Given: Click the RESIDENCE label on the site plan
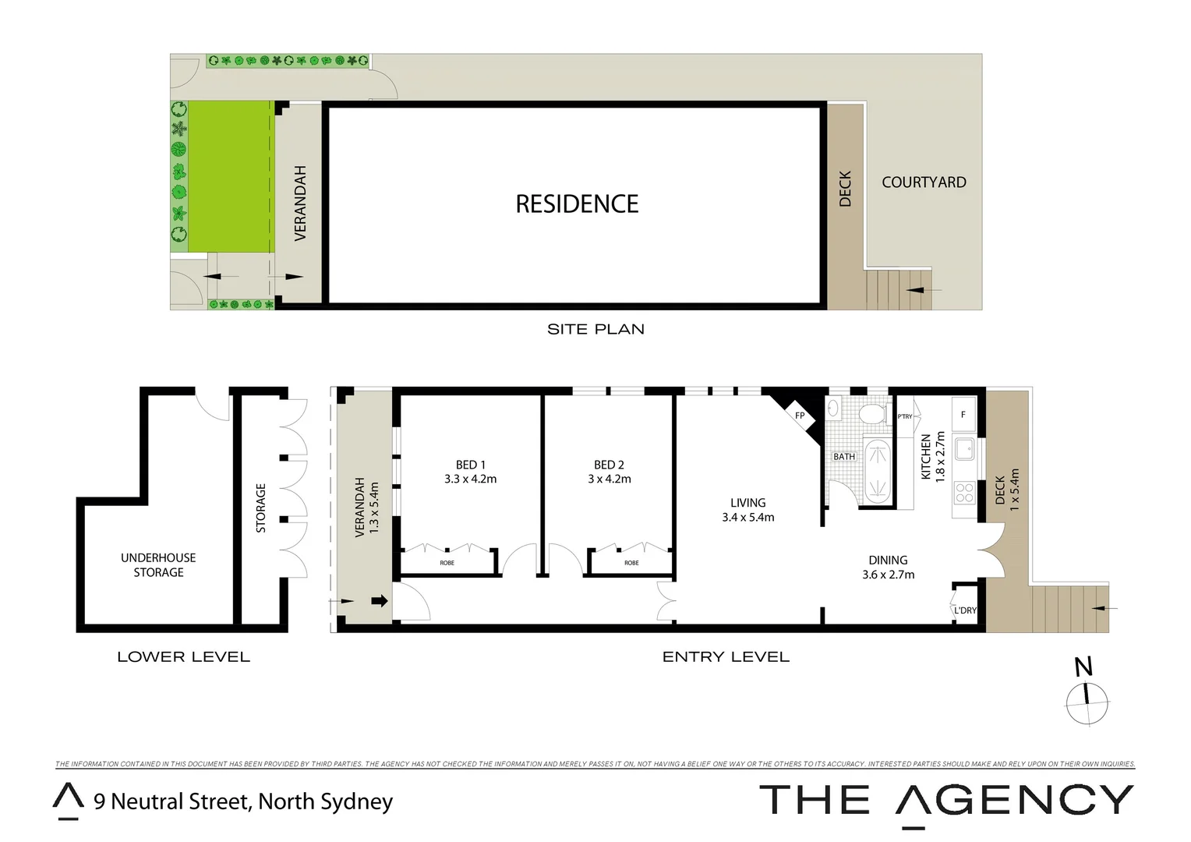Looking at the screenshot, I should point(577,204).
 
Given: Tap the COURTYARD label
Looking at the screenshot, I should point(924,182).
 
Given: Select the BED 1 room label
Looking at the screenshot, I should point(470,465).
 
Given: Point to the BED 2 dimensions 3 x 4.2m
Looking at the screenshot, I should point(610,479).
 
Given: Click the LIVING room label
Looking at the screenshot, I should point(747,503).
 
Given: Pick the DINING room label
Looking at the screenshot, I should point(888,560).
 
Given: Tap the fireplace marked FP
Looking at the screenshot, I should point(799,416).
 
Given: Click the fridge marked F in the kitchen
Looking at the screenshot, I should point(963,415).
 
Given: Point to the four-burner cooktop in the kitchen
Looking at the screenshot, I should point(964,492).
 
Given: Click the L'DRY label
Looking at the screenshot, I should point(965,610).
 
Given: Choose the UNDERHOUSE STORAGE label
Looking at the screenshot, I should point(158,565).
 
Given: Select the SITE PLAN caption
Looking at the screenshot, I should point(595,329).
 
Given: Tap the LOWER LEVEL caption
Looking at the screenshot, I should point(183,657).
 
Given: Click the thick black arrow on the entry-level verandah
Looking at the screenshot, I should point(380,601).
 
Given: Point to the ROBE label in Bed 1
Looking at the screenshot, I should point(447,563).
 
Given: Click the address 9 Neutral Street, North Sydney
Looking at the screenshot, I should point(243,801).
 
